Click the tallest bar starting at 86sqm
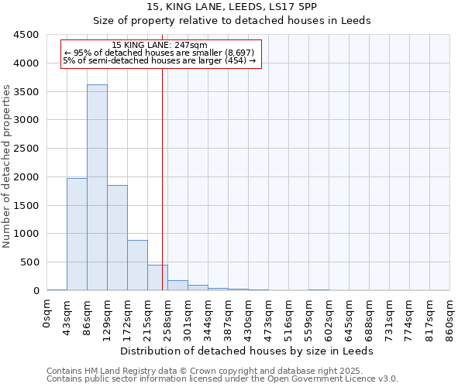(x=97, y=187)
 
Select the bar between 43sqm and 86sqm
(x=77, y=234)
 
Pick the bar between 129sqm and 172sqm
(x=117, y=238)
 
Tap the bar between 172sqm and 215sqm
(x=137, y=265)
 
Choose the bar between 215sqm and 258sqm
(x=157, y=278)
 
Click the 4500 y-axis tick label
(x=25, y=35)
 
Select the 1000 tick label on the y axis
(x=25, y=234)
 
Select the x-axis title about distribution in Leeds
(x=248, y=351)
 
